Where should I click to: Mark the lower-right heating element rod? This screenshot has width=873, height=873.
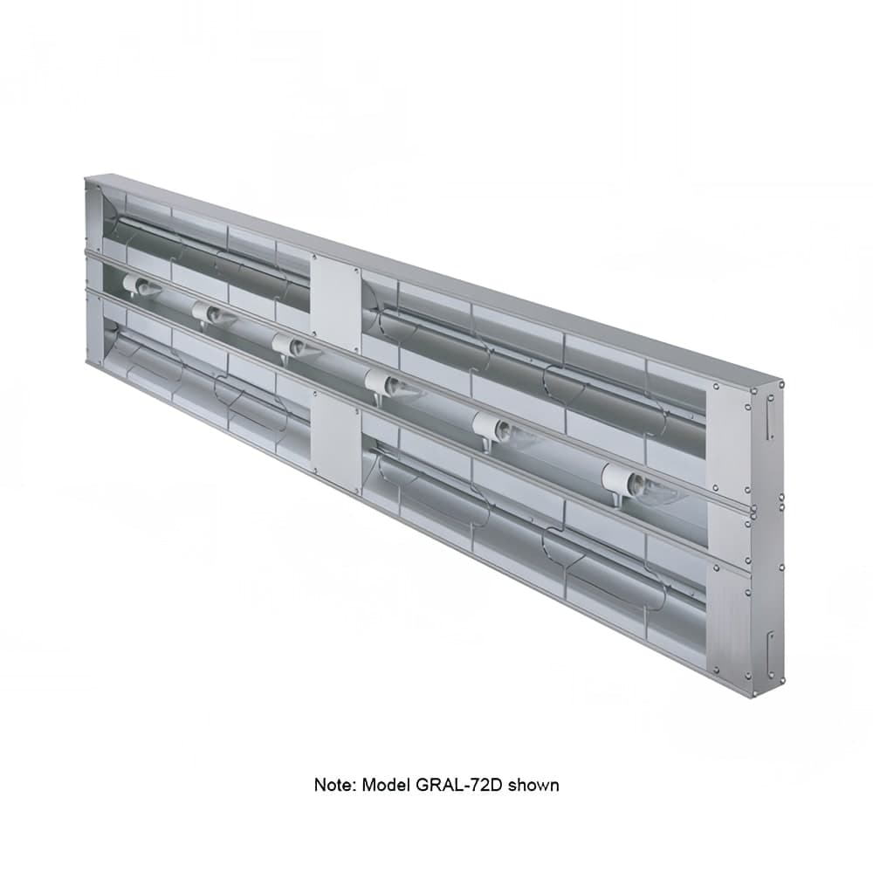point(541,524)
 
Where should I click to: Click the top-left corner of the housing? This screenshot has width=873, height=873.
point(86,178)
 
